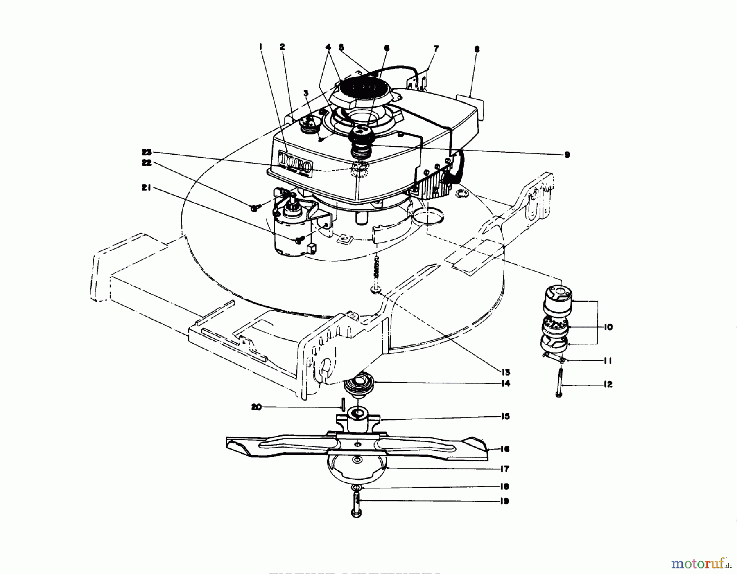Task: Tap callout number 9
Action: click(x=567, y=155)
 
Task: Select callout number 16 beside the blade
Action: click(x=505, y=449)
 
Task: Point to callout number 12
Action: click(x=608, y=385)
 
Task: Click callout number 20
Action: click(x=256, y=407)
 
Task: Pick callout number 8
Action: click(x=477, y=50)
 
